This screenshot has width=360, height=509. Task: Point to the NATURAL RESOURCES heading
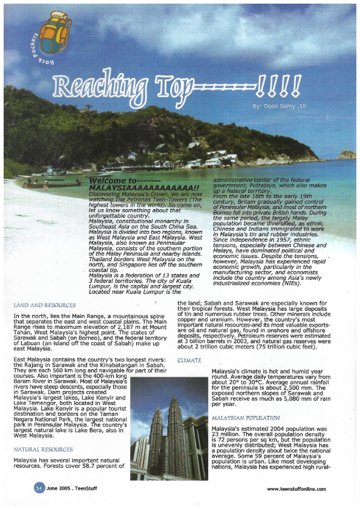click(43, 449)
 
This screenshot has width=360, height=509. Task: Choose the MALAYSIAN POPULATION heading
click(246, 418)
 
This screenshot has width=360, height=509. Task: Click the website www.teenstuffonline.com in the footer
click(296, 488)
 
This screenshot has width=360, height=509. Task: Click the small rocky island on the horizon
click(345, 154)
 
